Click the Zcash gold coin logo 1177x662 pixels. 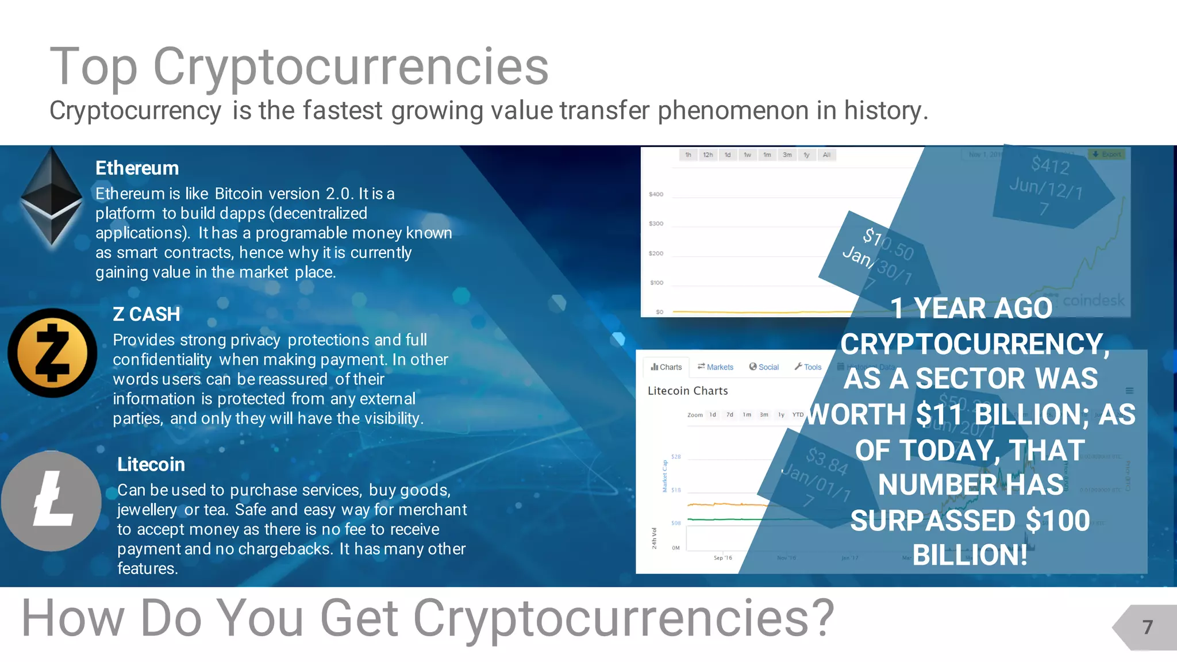(x=52, y=353)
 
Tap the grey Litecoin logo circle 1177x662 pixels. (x=52, y=501)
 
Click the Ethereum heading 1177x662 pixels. (x=137, y=168)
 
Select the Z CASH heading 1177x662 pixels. (x=146, y=314)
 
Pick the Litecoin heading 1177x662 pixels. (x=151, y=464)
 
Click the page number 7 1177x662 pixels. (x=1147, y=627)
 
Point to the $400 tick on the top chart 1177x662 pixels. (x=656, y=194)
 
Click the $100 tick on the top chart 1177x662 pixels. (x=656, y=283)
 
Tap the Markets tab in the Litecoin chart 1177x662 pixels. (x=716, y=367)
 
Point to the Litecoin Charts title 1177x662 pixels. (x=687, y=391)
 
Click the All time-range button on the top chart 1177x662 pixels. (x=826, y=155)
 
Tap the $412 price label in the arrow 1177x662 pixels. (x=1050, y=165)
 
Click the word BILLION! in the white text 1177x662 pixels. (x=970, y=555)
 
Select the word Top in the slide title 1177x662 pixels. (x=94, y=67)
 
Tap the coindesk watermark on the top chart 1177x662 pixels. (x=1093, y=300)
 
